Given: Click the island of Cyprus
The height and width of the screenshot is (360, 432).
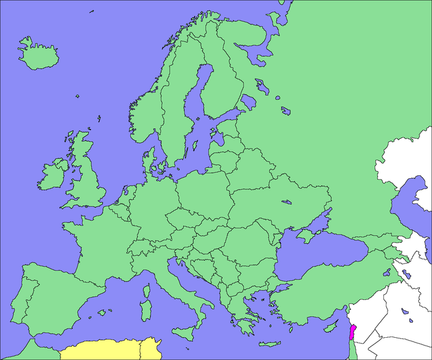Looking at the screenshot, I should tap(329, 328).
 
